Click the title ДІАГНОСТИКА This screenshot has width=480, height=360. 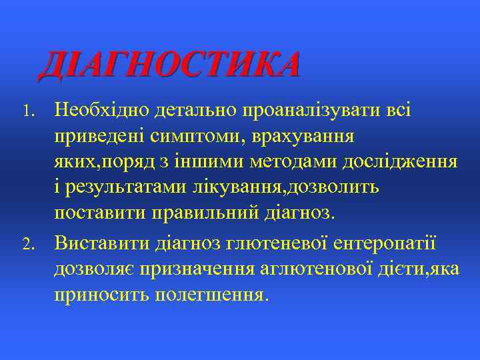(x=169, y=66)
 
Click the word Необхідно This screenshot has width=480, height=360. (x=103, y=109)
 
